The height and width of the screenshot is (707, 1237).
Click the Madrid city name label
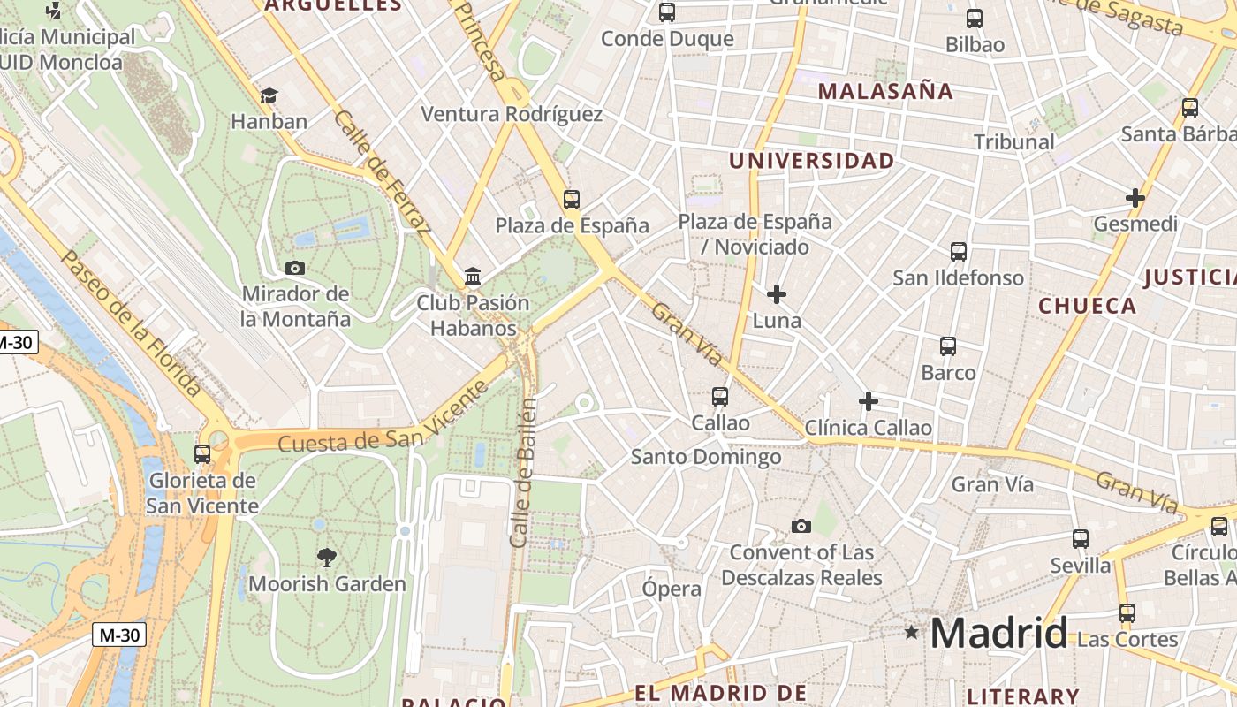pyautogui.click(x=998, y=633)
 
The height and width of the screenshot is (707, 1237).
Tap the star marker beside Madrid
pyautogui.click(x=911, y=632)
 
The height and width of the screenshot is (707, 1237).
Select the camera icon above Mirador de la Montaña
pyautogui.click(x=295, y=268)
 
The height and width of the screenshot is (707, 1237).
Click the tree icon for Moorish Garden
pyautogui.click(x=327, y=557)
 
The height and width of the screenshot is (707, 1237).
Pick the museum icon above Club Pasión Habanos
pyautogui.click(x=473, y=277)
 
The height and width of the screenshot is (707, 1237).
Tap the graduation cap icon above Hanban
pyautogui.click(x=269, y=95)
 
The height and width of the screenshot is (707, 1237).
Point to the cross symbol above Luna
pyautogui.click(x=777, y=293)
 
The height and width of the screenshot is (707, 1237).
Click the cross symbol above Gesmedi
pyautogui.click(x=1135, y=198)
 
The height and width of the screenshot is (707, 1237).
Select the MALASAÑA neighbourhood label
pyautogui.click(x=885, y=91)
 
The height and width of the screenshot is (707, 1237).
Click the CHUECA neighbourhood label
pyautogui.click(x=1087, y=306)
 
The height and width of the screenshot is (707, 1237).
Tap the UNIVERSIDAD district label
pyautogui.click(x=811, y=161)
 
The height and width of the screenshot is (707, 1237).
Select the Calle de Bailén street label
pyautogui.click(x=523, y=473)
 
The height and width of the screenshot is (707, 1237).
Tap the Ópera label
pyautogui.click(x=672, y=589)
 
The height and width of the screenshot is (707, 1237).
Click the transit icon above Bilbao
pyautogui.click(x=975, y=19)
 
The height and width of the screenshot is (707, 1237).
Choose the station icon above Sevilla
pyautogui.click(x=1081, y=539)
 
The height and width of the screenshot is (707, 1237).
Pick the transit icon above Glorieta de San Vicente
pyautogui.click(x=202, y=454)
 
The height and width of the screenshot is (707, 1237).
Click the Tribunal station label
pyautogui.click(x=1013, y=141)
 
